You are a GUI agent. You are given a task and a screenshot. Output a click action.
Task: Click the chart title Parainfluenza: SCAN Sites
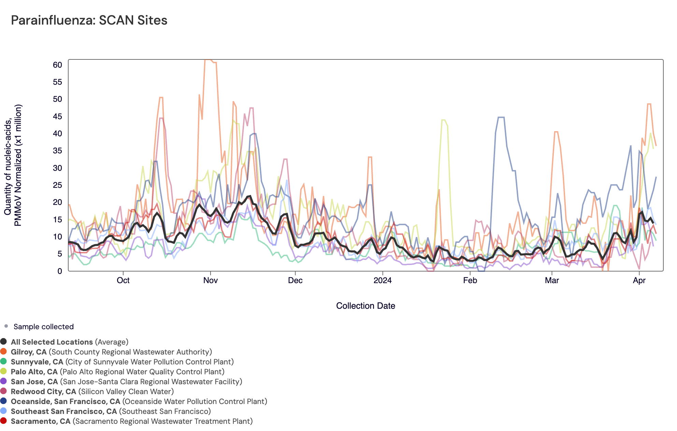89,20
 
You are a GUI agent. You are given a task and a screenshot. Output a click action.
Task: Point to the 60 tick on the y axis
58,65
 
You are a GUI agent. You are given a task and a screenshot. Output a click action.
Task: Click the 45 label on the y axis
58,116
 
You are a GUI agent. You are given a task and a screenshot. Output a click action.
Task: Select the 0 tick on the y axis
60,271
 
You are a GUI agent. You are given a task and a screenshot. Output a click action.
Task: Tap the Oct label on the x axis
123,280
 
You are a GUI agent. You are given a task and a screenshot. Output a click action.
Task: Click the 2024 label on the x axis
383,280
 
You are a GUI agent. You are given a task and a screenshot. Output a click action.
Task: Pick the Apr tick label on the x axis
639,280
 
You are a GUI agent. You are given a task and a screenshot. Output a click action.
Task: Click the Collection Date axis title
365,306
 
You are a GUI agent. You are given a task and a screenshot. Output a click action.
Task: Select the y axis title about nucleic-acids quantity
13,165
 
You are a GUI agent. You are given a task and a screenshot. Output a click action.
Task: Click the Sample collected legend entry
43,326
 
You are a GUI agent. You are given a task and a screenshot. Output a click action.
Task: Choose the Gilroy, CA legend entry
111,352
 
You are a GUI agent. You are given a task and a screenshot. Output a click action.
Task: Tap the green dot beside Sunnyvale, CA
3,361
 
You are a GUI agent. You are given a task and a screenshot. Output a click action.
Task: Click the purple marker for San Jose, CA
3,381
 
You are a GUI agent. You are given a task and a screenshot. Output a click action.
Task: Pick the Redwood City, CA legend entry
92,391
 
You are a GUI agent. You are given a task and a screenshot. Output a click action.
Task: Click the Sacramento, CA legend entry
131,421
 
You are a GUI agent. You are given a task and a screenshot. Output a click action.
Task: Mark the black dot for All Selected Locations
3,342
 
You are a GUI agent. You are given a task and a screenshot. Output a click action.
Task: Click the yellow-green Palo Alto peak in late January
444,120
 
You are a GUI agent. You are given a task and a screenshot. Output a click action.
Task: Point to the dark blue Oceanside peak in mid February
501,117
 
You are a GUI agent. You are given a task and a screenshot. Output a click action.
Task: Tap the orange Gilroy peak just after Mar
556,132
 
